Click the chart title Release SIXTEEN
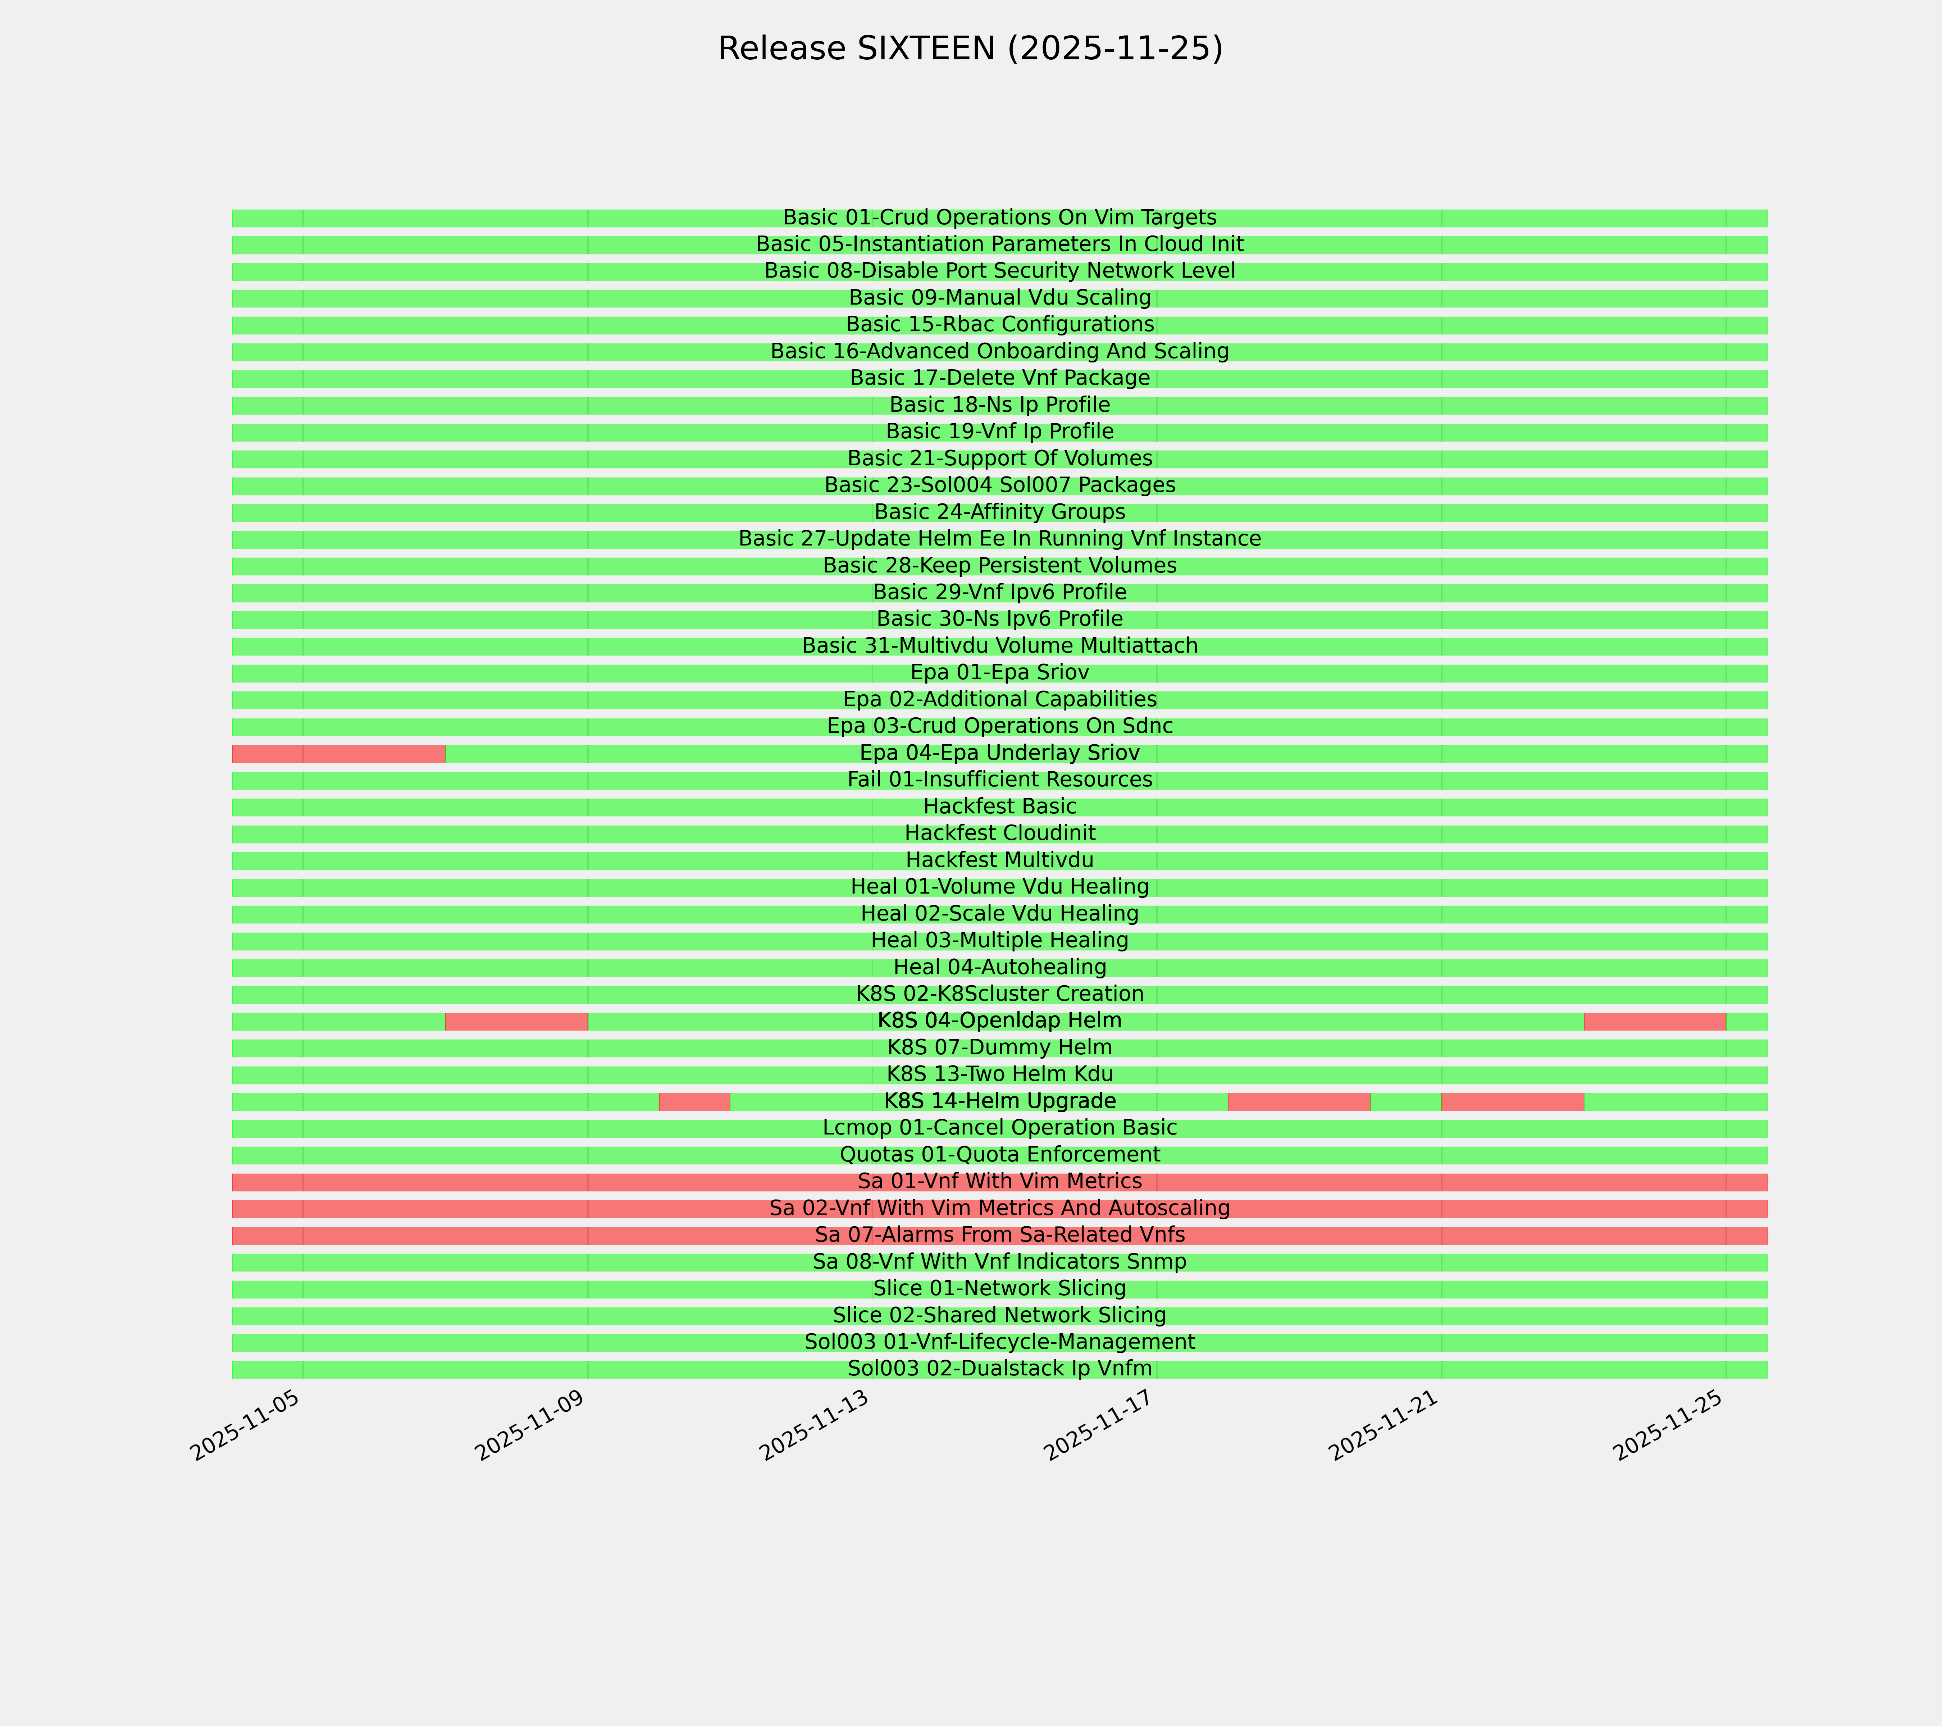(x=970, y=49)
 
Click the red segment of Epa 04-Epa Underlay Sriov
(x=338, y=753)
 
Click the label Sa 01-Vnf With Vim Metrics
(x=999, y=1182)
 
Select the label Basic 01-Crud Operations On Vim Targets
(x=999, y=218)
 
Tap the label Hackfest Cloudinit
(x=999, y=833)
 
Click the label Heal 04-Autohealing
(x=999, y=967)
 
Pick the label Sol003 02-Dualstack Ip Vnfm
(x=999, y=1369)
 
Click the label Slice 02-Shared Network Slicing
(x=999, y=1316)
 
